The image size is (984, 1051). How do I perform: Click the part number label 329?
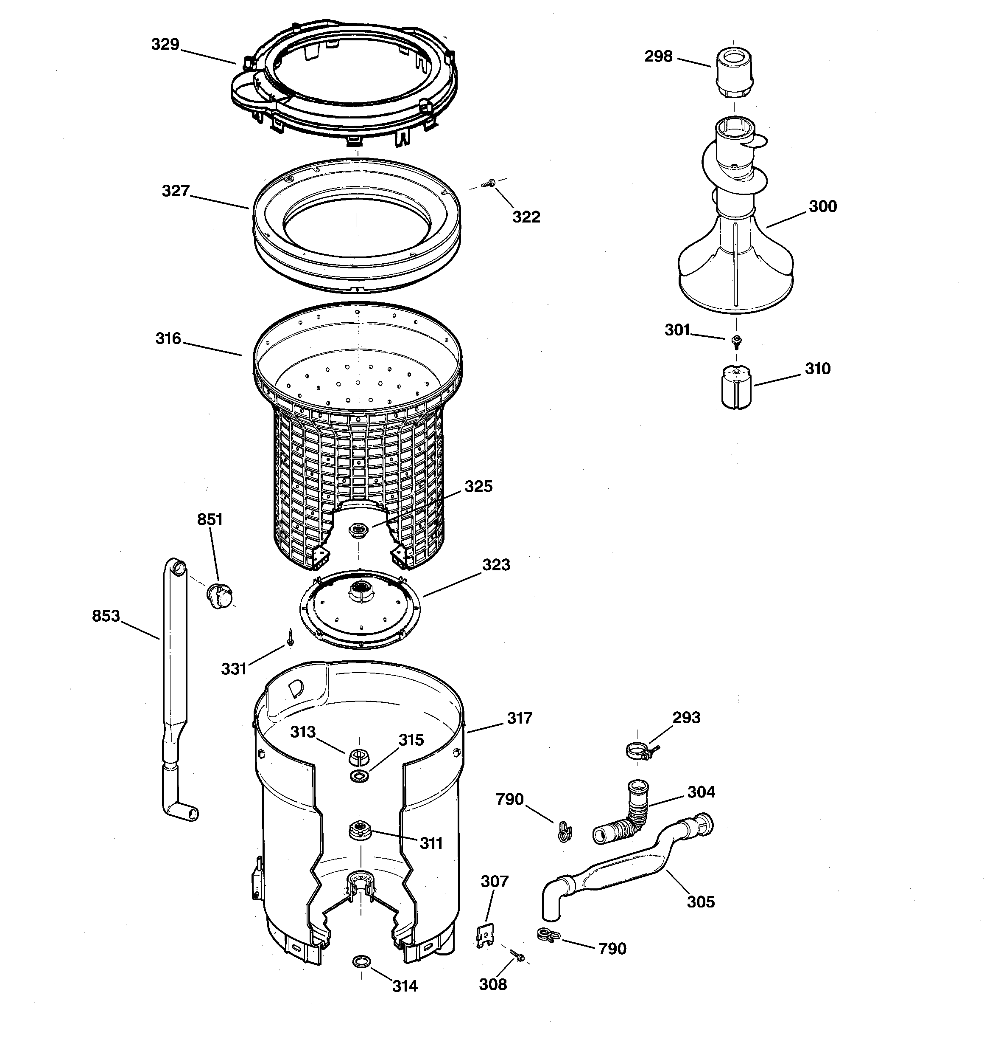(x=165, y=45)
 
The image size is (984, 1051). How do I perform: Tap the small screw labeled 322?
(x=489, y=184)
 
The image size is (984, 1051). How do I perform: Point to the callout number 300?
(x=822, y=206)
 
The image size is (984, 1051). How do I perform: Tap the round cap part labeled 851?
(x=220, y=595)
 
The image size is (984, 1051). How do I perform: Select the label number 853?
(x=106, y=616)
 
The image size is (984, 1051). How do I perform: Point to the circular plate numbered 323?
(x=360, y=608)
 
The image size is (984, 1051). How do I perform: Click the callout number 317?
(x=519, y=719)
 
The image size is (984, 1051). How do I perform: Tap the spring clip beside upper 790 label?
(x=565, y=832)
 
